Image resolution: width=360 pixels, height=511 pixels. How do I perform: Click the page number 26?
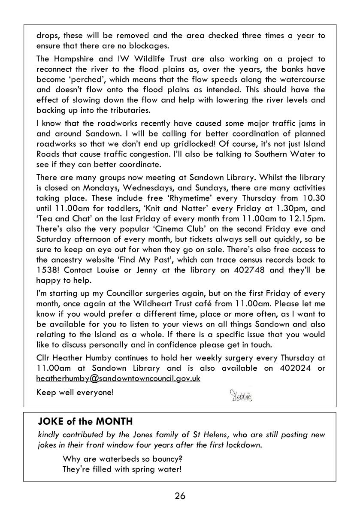pos(180,496)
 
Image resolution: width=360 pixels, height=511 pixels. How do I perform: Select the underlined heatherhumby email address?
pos(118,379)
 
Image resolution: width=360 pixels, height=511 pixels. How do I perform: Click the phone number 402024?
pos(294,368)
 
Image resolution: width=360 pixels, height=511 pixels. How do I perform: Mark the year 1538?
pos(47,270)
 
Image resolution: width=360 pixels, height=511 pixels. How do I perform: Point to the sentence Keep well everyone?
pos(75,392)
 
